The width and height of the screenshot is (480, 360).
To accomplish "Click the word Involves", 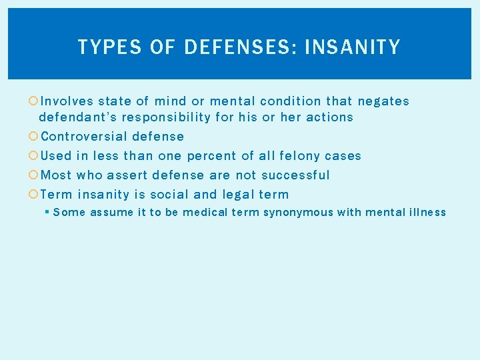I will tap(67, 101).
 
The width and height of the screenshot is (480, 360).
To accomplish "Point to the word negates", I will tap(383, 101).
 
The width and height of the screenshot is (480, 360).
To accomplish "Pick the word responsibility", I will tap(174, 117).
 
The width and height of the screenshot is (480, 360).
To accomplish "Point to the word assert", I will tap(127, 175).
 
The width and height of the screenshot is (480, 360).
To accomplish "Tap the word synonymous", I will tap(300, 213).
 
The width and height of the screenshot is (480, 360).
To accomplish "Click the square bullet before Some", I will tap(47, 213).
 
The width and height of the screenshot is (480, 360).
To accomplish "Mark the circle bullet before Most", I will tap(33, 175).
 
